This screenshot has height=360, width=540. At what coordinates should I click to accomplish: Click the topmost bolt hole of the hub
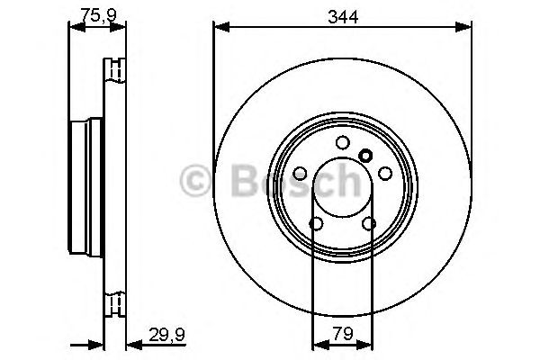pyautogui.click(x=342, y=142)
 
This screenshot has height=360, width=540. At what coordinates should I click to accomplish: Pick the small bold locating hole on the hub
pyautogui.click(x=365, y=155)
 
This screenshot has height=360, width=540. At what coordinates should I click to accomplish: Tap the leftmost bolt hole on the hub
pyautogui.click(x=299, y=174)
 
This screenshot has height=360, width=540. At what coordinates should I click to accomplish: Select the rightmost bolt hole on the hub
pyautogui.click(x=385, y=174)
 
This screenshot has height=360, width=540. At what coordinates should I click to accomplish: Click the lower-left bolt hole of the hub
pyautogui.click(x=315, y=224)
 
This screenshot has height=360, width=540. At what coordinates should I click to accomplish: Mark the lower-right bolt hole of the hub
pyautogui.click(x=369, y=224)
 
